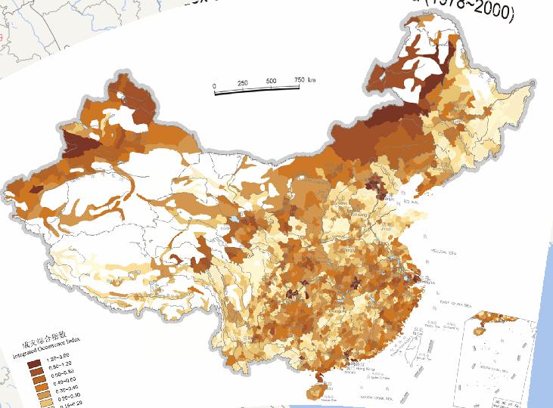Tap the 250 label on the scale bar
pyautogui.click(x=242, y=83)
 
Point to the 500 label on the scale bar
pyautogui.click(x=270, y=81)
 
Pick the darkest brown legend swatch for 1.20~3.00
pyautogui.click(x=35, y=363)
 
